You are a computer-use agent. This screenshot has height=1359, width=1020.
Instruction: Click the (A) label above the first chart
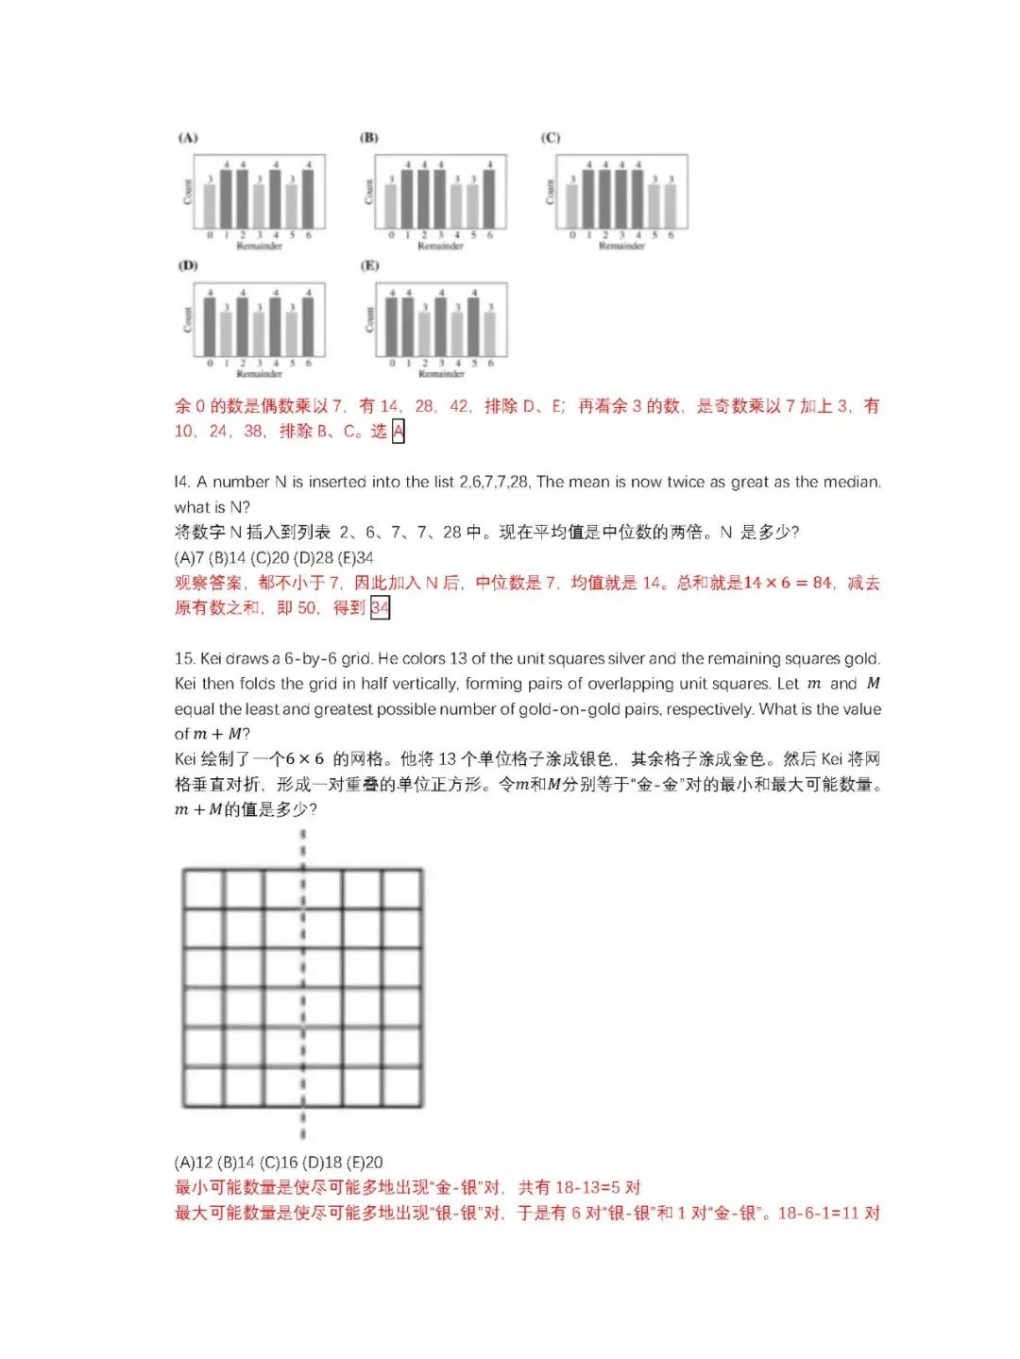(x=188, y=138)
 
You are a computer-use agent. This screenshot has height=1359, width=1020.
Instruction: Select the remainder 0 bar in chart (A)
(x=210, y=205)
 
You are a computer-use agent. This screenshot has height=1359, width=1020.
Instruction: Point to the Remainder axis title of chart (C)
(x=621, y=246)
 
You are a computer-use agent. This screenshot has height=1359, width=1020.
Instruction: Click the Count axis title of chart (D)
(x=187, y=319)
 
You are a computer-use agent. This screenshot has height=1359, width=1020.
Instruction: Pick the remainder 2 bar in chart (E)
(x=424, y=331)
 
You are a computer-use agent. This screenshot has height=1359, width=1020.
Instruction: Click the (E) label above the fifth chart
(x=369, y=265)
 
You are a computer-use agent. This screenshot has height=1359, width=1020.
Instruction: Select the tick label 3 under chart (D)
(x=260, y=364)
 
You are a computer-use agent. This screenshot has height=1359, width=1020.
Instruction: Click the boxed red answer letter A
(x=398, y=432)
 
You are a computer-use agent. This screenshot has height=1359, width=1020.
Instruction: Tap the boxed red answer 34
(x=380, y=607)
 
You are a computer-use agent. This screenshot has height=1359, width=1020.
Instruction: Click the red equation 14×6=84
(x=788, y=583)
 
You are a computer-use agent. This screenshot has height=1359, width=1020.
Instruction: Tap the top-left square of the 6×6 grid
(x=203, y=889)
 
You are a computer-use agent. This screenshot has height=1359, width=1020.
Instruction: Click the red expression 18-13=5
(x=585, y=1188)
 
